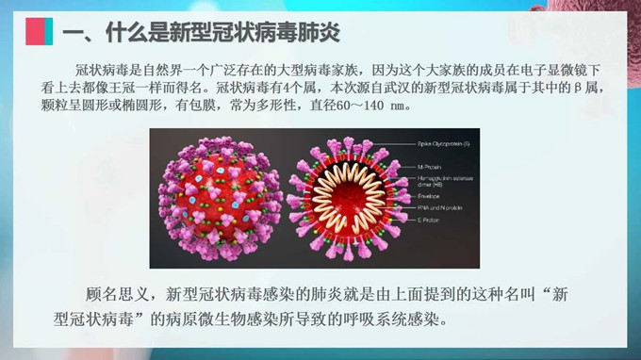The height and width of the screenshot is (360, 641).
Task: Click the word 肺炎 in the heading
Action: click(x=320, y=32)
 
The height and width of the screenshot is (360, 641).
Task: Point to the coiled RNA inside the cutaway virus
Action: click(x=341, y=199)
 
